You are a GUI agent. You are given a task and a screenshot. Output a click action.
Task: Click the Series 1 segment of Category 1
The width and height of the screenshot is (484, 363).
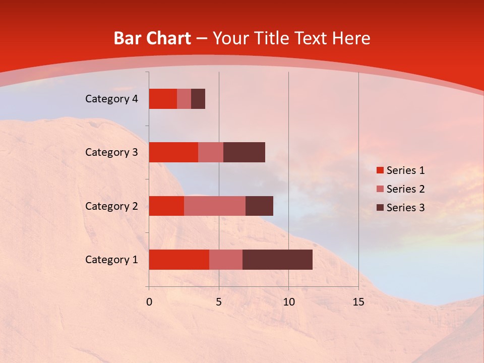coord(179,260)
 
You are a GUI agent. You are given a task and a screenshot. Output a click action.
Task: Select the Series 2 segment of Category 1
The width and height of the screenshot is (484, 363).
coord(226,260)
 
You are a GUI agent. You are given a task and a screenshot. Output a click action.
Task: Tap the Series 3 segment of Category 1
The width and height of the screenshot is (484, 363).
coord(277,260)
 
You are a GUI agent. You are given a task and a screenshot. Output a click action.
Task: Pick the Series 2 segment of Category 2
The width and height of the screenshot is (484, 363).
coord(215,206)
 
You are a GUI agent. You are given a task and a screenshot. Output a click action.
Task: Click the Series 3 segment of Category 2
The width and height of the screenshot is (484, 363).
coord(259,206)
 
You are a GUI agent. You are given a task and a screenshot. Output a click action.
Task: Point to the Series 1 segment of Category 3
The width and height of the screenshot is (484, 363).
coord(173,152)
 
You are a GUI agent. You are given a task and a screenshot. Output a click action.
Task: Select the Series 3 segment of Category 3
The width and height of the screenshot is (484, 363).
coord(244,152)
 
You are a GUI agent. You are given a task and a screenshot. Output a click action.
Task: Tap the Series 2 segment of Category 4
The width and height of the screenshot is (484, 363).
coord(184,99)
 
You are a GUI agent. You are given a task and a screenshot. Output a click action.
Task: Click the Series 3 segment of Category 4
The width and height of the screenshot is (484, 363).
coord(198,99)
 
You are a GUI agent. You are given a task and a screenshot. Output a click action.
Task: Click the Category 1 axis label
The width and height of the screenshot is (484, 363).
coord(111,260)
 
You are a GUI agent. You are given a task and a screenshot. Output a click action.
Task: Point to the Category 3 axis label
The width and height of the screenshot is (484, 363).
coord(111,152)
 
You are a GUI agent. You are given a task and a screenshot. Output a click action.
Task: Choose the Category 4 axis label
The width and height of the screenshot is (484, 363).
coord(111,99)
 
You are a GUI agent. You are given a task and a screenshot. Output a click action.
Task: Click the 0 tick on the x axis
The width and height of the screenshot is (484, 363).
coord(149,302)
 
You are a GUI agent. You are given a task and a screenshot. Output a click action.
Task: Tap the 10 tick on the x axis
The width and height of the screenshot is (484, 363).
coord(288,302)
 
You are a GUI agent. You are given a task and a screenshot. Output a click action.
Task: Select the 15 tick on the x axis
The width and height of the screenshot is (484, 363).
coord(358,302)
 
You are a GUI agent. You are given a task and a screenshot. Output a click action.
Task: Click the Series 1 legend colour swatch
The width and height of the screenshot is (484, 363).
coord(380,170)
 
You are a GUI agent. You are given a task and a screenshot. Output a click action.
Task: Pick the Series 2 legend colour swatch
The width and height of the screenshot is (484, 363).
coord(380,189)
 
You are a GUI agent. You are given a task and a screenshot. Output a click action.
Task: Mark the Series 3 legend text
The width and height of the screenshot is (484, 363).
coord(406,208)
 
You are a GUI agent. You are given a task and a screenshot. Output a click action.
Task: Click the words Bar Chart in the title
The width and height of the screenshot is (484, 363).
coord(152,38)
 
